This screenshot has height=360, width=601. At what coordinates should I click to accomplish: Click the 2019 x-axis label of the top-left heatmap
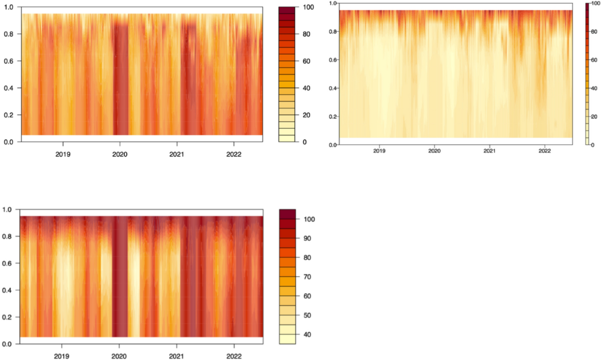pos(63,154)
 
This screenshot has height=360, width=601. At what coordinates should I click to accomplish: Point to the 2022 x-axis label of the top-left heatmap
pos(234,154)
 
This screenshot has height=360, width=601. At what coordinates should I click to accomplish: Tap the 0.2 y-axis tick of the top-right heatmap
pos(331,117)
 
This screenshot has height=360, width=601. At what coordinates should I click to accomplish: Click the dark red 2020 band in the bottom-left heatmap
pos(120,280)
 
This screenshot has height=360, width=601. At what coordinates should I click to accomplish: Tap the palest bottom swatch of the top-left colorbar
pos(287,138)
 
